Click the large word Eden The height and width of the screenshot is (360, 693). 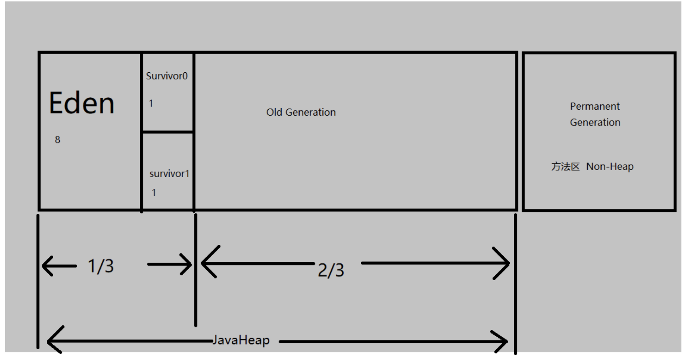[x=82, y=103]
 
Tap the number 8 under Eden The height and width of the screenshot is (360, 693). [x=58, y=140]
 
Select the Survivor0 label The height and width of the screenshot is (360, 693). [x=166, y=76]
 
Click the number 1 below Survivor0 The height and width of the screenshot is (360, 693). [x=151, y=104]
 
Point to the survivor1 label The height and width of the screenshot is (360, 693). [x=169, y=174]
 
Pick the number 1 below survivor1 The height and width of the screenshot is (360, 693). [x=154, y=193]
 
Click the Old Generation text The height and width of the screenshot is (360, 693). [x=301, y=112]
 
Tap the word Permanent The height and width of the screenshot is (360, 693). [x=595, y=106]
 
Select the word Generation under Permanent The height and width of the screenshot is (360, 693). [x=595, y=122]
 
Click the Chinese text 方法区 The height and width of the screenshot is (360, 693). [x=565, y=166]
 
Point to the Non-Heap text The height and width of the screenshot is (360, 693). [x=610, y=166]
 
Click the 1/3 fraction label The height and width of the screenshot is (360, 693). [x=101, y=266]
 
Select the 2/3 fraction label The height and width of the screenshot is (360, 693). [x=331, y=270]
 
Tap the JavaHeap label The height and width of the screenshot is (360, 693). [x=241, y=340]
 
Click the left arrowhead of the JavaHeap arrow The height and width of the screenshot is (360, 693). [x=53, y=341]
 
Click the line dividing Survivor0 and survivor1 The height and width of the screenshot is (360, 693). [x=168, y=131]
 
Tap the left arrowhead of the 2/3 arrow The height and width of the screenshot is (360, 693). [x=207, y=263]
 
